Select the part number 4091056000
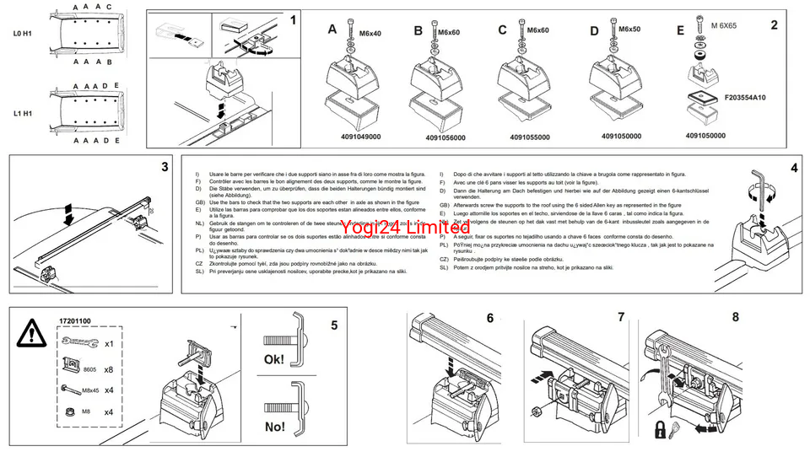tap(445, 137)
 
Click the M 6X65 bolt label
tap(723, 26)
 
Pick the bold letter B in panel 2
tap(418, 30)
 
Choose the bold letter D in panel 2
tap(594, 30)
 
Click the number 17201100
tap(75, 321)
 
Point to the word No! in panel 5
tap(275, 427)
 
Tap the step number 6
tap(489, 318)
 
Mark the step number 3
tap(165, 167)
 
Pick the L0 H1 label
tap(23, 34)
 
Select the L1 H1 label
tap(23, 112)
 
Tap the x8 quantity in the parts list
tap(109, 369)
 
